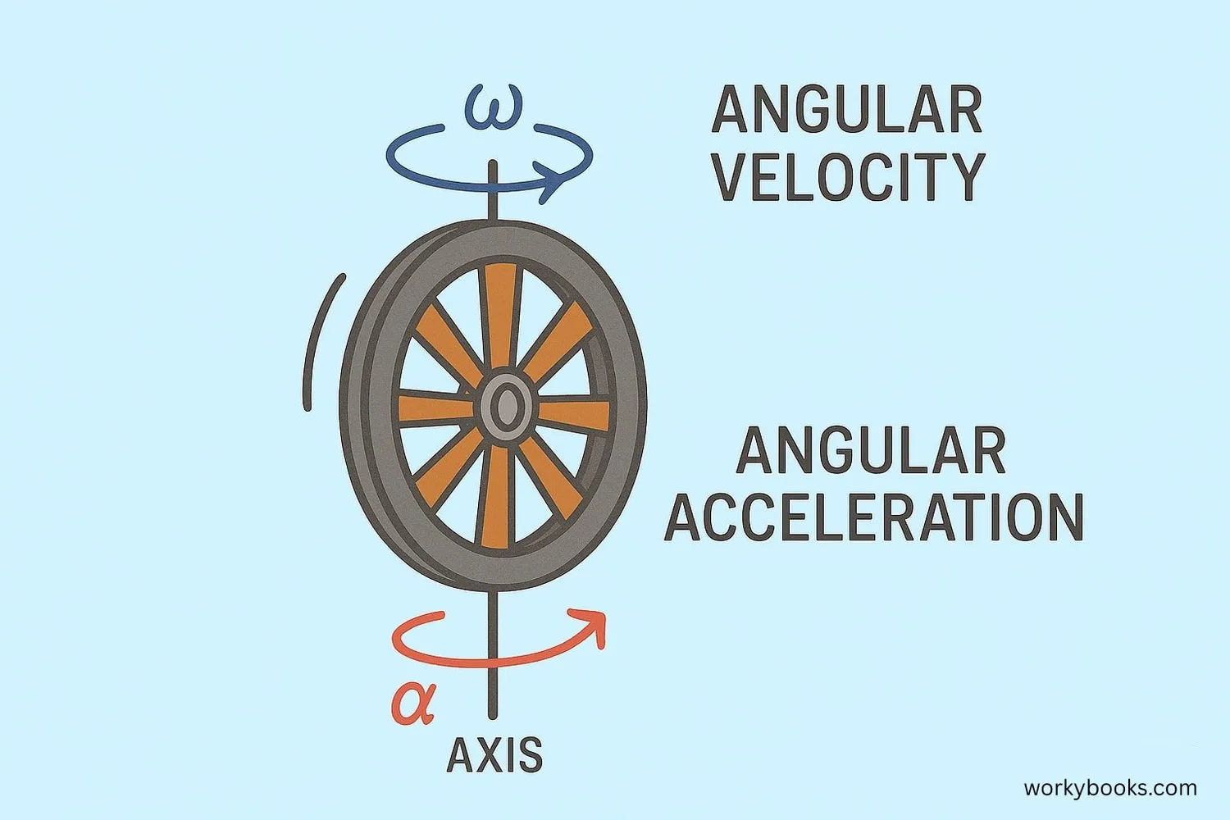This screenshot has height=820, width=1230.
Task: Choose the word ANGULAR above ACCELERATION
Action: point(871,450)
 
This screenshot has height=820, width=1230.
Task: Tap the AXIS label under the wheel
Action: point(494,755)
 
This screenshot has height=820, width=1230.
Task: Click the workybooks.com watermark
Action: point(1109,788)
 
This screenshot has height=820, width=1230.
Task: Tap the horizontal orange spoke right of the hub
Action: point(574,414)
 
